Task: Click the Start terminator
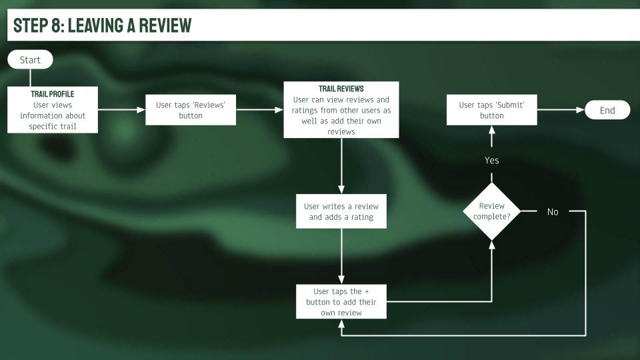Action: (30, 59)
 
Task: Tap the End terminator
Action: (607, 110)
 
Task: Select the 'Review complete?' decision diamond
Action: (492, 211)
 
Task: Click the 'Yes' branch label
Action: (492, 161)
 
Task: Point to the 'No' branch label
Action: (553, 212)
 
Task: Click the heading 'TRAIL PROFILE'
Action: (53, 94)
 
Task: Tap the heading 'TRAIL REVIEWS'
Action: (341, 89)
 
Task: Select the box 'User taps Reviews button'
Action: (191, 110)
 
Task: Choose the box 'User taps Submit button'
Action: (492, 110)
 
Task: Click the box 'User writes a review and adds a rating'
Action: (341, 211)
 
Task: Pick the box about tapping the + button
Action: (341, 301)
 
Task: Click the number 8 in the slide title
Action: (56, 25)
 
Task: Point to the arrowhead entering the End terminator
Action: (581, 110)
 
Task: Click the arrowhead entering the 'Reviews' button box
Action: (141, 110)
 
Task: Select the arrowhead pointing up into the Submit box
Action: (492, 130)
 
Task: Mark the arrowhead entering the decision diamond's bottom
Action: (492, 245)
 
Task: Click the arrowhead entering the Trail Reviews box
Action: (279, 110)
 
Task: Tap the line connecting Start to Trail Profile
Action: (30, 78)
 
